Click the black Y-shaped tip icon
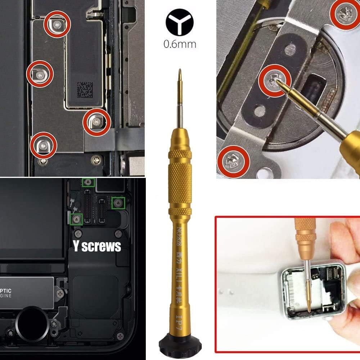(x=180, y=23)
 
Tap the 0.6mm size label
(x=180, y=44)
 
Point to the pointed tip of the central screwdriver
(x=180, y=74)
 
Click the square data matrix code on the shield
(x=85, y=89)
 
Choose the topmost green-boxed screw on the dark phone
(x=87, y=183)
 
